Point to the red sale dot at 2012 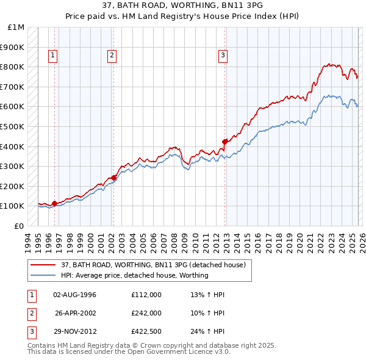click(x=224, y=142)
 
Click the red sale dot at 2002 click(x=113, y=178)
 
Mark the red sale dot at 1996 click(x=54, y=203)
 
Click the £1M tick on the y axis click(x=16, y=27)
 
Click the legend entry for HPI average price click(x=134, y=275)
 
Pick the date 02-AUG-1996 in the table click(x=74, y=295)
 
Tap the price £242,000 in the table click(x=146, y=313)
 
